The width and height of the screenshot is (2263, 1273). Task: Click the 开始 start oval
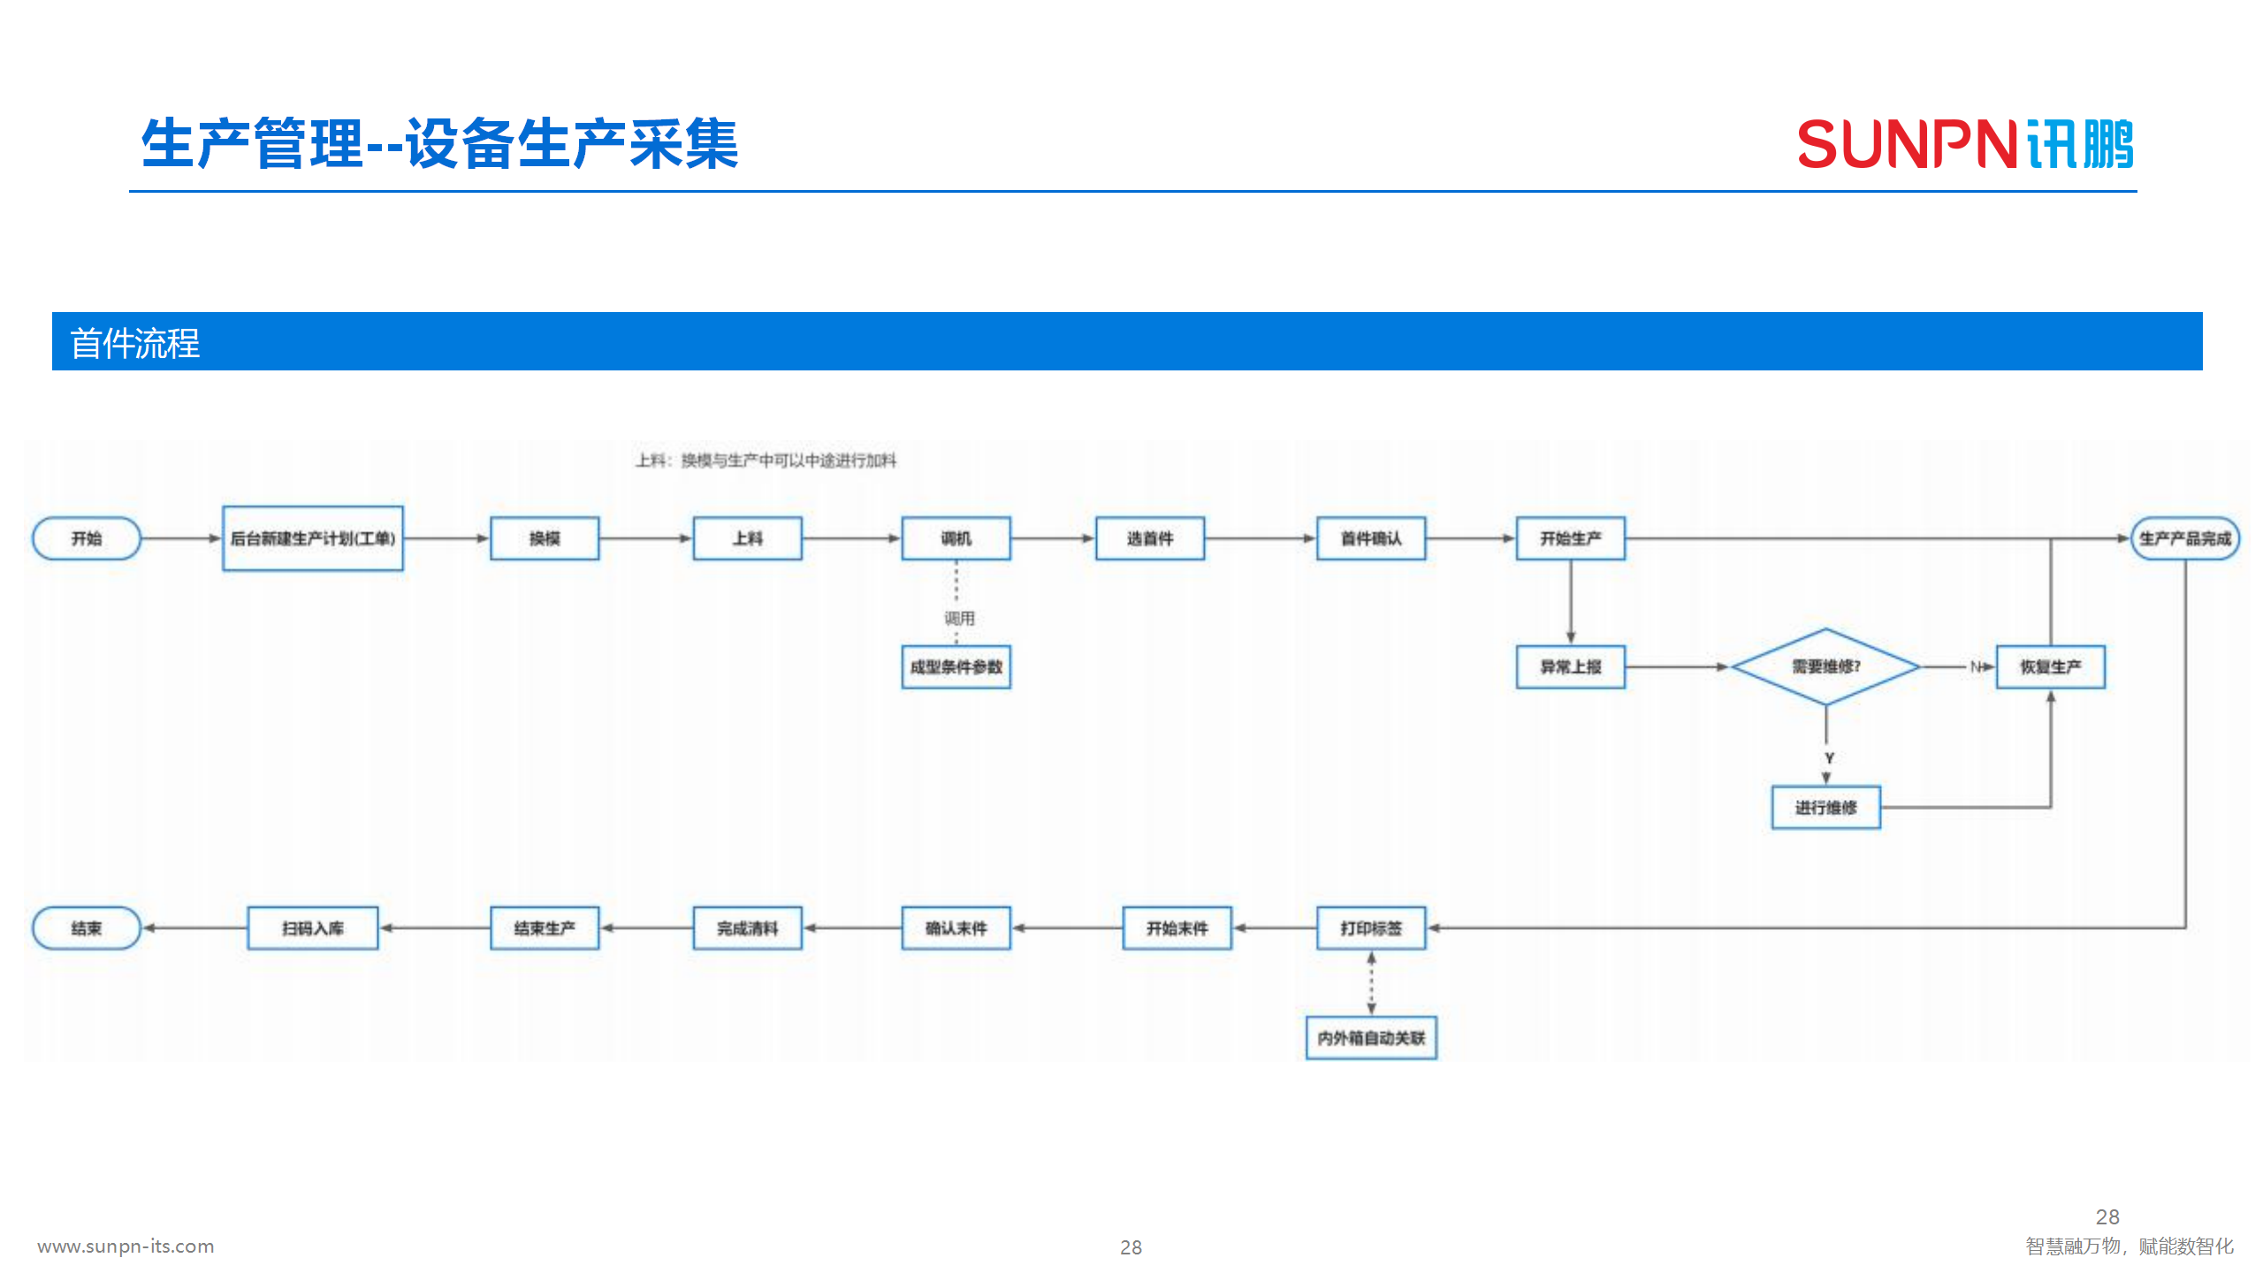point(87,538)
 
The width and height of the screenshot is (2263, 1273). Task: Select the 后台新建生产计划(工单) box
point(313,538)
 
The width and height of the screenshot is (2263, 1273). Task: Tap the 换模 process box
point(545,538)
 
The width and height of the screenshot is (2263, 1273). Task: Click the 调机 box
point(956,538)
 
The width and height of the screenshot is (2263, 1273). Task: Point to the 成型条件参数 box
point(956,667)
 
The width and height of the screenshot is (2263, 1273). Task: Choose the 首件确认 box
point(1371,538)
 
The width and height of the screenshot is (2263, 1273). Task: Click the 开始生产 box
point(1570,538)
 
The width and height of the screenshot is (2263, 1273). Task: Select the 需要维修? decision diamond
point(1825,667)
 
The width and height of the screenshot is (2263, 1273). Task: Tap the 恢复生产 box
point(2050,667)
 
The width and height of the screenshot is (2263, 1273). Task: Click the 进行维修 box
point(1825,807)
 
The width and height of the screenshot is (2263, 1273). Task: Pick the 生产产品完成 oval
point(2185,538)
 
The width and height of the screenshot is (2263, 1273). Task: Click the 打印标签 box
point(1371,928)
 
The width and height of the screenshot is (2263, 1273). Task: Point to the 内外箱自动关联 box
point(1371,1038)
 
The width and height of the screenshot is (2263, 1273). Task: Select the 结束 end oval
point(87,928)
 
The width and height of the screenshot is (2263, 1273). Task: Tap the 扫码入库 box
point(313,928)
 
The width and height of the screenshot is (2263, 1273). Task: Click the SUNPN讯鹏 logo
point(1966,144)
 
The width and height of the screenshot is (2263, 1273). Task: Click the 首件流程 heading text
point(135,343)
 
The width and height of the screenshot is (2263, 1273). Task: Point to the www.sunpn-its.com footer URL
point(126,1246)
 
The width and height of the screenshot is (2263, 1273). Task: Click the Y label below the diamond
point(1829,758)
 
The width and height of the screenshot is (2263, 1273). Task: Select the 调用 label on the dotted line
point(959,618)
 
